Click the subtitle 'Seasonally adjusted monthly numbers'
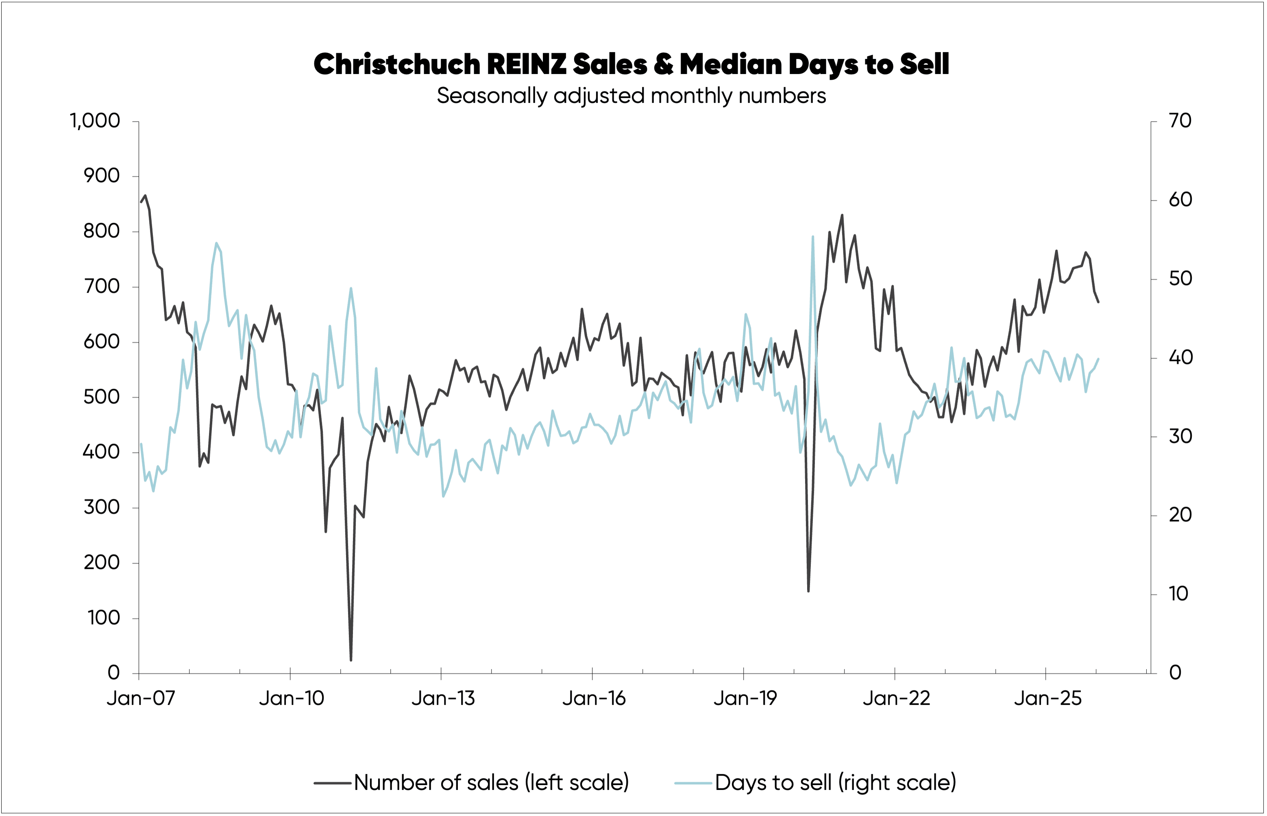(631, 96)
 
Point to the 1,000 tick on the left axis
(96, 121)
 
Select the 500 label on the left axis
(101, 397)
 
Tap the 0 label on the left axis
(113, 673)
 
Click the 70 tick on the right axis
(1180, 121)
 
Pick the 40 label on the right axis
(1180, 358)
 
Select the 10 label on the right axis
(1178, 594)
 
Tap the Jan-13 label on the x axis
(442, 698)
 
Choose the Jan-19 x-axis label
(745, 698)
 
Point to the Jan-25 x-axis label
(1047, 698)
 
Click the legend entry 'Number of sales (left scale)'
(491, 783)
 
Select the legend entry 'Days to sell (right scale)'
(835, 783)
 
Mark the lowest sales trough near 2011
(351, 660)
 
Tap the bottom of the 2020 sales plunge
(808, 591)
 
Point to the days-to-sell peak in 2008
(216, 243)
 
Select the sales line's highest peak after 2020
(842, 215)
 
